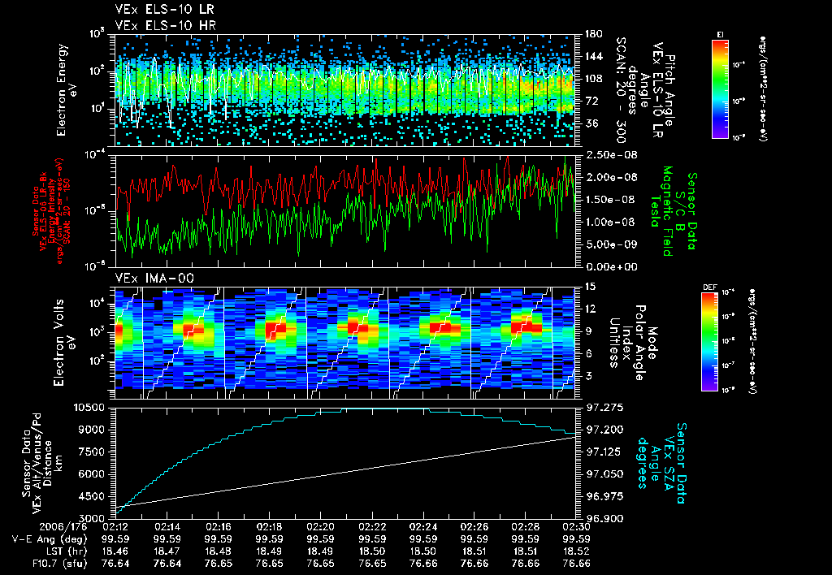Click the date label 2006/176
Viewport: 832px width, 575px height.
[x=25, y=526]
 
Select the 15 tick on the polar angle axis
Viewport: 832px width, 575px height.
[x=590, y=286]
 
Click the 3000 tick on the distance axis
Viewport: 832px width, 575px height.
[x=94, y=517]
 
